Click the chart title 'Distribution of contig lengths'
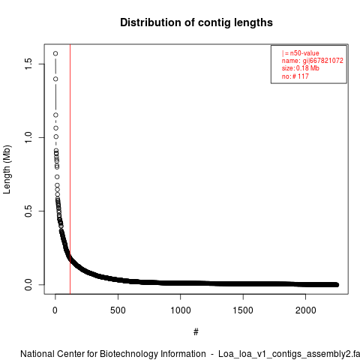(x=196, y=22)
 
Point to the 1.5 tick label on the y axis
(x=28, y=64)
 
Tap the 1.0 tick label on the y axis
(x=28, y=137)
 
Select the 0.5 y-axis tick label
(x=28, y=211)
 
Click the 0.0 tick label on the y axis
(x=28, y=284)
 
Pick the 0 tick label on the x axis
(x=55, y=310)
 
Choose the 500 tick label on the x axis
(x=118, y=310)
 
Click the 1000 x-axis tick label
(x=181, y=310)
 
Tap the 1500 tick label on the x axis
(x=243, y=310)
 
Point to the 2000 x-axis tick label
(x=305, y=310)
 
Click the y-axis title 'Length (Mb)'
(x=7, y=169)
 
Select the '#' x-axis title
(x=196, y=332)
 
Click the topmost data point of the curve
(x=55, y=53)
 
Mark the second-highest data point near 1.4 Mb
(x=55, y=79)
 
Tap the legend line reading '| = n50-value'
(x=301, y=53)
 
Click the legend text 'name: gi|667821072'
(x=313, y=61)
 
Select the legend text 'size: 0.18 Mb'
(x=301, y=68)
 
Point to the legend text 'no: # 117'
(x=295, y=76)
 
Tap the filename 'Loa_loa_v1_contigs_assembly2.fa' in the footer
(x=289, y=354)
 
